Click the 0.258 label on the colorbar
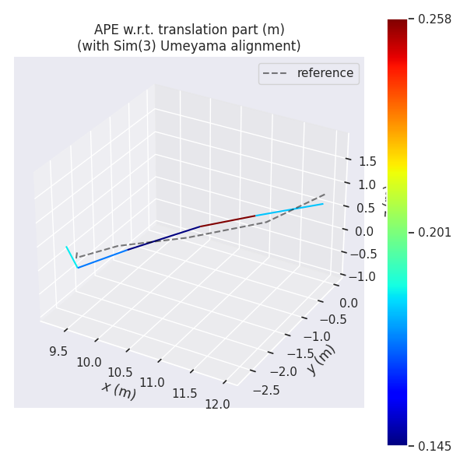coord(435,19)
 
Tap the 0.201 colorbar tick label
coord(435,233)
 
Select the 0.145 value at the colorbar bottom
coord(435,446)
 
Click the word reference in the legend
coord(325,73)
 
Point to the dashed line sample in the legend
coord(276,73)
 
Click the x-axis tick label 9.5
coord(58,351)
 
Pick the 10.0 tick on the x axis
coord(89,362)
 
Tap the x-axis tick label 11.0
coord(153,382)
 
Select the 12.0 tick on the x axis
coord(217,404)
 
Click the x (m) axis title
coord(118,390)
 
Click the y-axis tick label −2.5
coord(266,389)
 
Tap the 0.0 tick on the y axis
coord(349,304)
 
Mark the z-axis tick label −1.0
coord(363,276)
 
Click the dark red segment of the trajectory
coord(227,221)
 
